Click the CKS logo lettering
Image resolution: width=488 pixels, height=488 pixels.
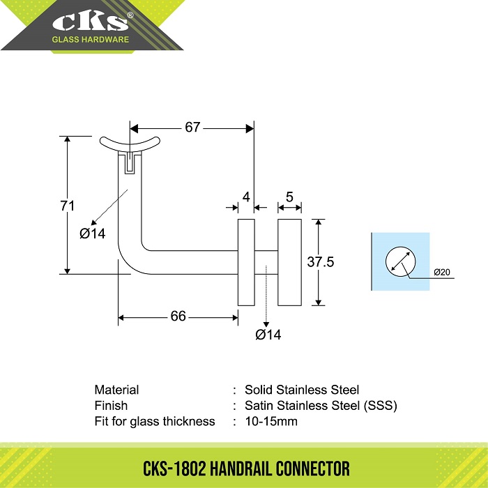(x=90, y=22)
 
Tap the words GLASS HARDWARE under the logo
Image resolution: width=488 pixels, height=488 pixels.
(x=90, y=40)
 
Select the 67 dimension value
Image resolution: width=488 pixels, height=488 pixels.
(x=192, y=128)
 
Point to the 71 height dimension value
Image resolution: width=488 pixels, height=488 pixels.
(x=68, y=206)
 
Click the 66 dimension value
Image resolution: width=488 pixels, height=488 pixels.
(x=178, y=317)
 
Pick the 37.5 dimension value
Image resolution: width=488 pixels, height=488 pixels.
(x=321, y=261)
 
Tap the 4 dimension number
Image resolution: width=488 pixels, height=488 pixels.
(x=246, y=197)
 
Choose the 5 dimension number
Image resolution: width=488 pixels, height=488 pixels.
(x=289, y=197)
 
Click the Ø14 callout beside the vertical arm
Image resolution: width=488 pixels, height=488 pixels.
(x=93, y=234)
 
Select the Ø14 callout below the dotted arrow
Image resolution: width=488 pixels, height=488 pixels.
(x=268, y=335)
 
